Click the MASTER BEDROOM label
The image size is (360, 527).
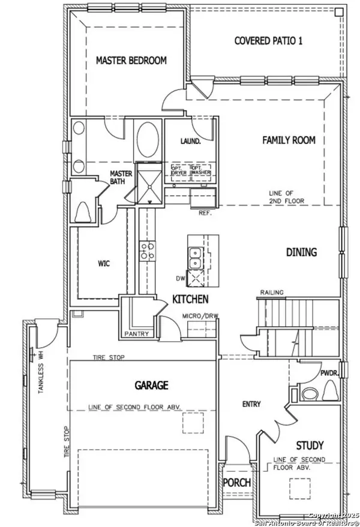[x=131, y=61]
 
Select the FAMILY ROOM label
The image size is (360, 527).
[x=289, y=140]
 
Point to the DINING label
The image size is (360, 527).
[x=301, y=252]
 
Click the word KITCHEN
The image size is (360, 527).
[x=191, y=299]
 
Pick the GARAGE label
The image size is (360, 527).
[x=151, y=385]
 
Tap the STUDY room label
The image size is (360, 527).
[x=310, y=445]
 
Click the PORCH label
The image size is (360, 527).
[x=236, y=483]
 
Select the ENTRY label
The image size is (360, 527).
[x=251, y=404]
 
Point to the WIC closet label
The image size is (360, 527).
[x=103, y=263]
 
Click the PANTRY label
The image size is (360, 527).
[x=137, y=334]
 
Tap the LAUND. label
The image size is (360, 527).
[x=189, y=141]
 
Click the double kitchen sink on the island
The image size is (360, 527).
[x=194, y=258]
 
